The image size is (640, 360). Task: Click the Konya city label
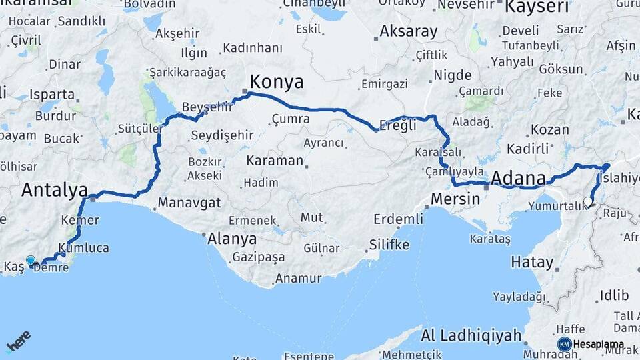(276, 82)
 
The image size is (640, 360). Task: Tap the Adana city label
(518, 178)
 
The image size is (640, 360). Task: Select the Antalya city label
(55, 190)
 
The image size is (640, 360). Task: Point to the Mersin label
(455, 199)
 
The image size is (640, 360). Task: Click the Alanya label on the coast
(232, 239)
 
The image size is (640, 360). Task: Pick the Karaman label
(275, 161)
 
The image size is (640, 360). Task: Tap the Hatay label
(532, 262)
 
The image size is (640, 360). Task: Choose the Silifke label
(389, 245)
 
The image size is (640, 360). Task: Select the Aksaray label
(409, 31)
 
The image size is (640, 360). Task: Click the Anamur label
(298, 279)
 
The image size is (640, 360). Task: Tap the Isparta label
(52, 94)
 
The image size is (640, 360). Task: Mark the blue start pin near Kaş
(30, 261)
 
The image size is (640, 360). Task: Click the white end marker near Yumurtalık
(587, 201)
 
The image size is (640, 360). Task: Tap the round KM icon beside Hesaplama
(564, 344)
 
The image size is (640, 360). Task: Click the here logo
(19, 342)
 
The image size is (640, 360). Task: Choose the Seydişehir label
(222, 135)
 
